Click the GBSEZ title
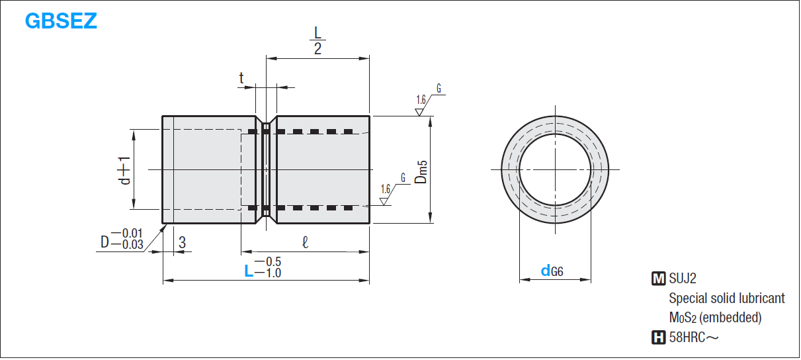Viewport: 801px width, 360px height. pyautogui.click(x=61, y=21)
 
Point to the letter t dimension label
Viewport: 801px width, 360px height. pyautogui.click(x=242, y=78)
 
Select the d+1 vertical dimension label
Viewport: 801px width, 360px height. pyautogui.click(x=124, y=169)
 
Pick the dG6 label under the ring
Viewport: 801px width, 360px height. pyautogui.click(x=552, y=270)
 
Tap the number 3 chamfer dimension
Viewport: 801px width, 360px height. pyautogui.click(x=182, y=243)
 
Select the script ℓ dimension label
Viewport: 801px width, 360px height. pyautogui.click(x=304, y=243)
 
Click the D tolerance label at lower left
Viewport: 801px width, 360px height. pyautogui.click(x=122, y=239)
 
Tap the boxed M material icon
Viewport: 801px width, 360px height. pyautogui.click(x=658, y=279)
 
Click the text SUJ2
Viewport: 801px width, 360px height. pyautogui.click(x=683, y=279)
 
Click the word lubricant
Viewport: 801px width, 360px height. pyautogui.click(x=761, y=298)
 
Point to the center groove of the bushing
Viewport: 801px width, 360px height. pyautogui.click(x=266, y=169)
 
